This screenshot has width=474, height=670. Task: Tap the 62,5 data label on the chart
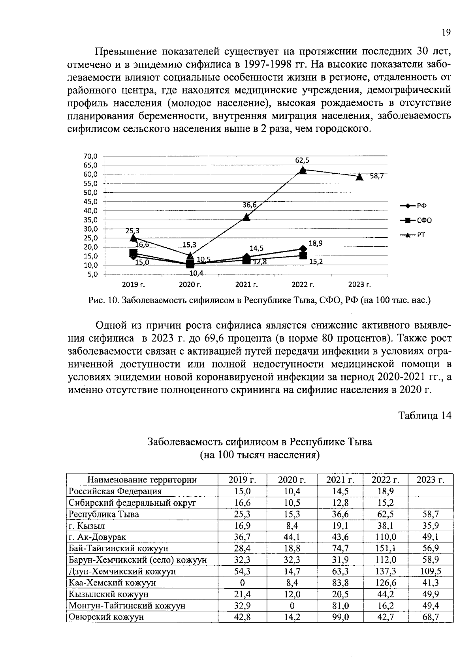coord(302,160)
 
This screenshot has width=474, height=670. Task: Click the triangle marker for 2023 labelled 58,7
coord(359,176)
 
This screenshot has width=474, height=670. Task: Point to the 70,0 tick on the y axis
coord(90,156)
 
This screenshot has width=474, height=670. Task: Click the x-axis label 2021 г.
coord(246,284)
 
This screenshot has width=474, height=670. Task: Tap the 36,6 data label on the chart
coord(250,205)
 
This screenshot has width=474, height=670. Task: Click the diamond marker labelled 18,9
coord(303,248)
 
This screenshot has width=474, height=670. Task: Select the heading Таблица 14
coord(424,416)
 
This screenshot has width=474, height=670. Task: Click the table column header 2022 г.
coord(385,480)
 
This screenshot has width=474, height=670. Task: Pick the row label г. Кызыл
coord(87,525)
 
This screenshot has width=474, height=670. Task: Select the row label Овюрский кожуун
coord(106,617)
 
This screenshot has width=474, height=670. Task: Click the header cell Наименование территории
coord(142,480)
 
